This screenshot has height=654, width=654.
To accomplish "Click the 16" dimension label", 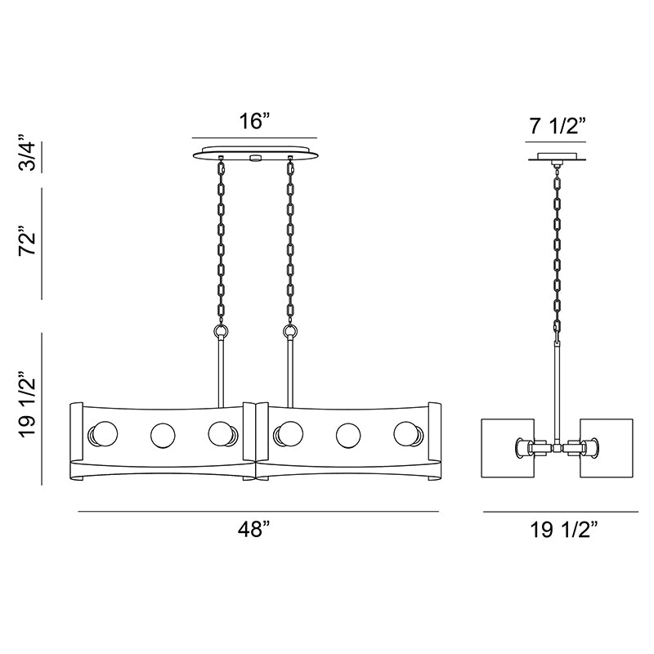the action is (255, 121).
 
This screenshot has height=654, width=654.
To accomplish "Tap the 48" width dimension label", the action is (255, 530).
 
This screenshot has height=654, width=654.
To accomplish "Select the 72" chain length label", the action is (28, 242).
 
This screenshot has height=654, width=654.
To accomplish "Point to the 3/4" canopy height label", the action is (28, 153).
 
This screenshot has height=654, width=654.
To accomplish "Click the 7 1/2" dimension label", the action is (558, 126).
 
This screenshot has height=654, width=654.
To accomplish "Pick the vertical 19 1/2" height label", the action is (28, 403).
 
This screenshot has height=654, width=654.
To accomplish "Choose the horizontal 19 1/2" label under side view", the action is (564, 530).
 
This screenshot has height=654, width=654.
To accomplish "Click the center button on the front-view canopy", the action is (254, 158).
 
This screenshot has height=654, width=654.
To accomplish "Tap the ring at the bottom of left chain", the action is (221, 333).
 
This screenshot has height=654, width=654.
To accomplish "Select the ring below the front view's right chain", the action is (290, 333).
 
